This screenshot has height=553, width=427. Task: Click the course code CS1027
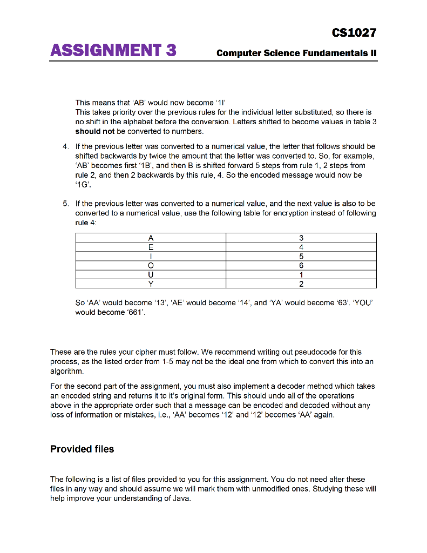tap(354, 33)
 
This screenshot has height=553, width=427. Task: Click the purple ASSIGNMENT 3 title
tap(113, 51)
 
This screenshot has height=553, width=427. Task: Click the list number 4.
tap(65, 146)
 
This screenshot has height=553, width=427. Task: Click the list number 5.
tap(65, 204)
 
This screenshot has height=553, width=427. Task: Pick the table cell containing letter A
tap(151, 238)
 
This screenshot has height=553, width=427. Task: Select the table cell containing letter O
tap(151, 265)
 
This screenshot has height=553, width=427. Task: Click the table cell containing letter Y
tap(151, 284)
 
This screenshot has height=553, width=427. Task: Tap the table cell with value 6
tap(301, 265)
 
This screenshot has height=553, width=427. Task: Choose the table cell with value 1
tap(301, 274)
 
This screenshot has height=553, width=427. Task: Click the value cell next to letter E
tap(301, 247)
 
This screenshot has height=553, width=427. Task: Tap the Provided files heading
tap(82, 449)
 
